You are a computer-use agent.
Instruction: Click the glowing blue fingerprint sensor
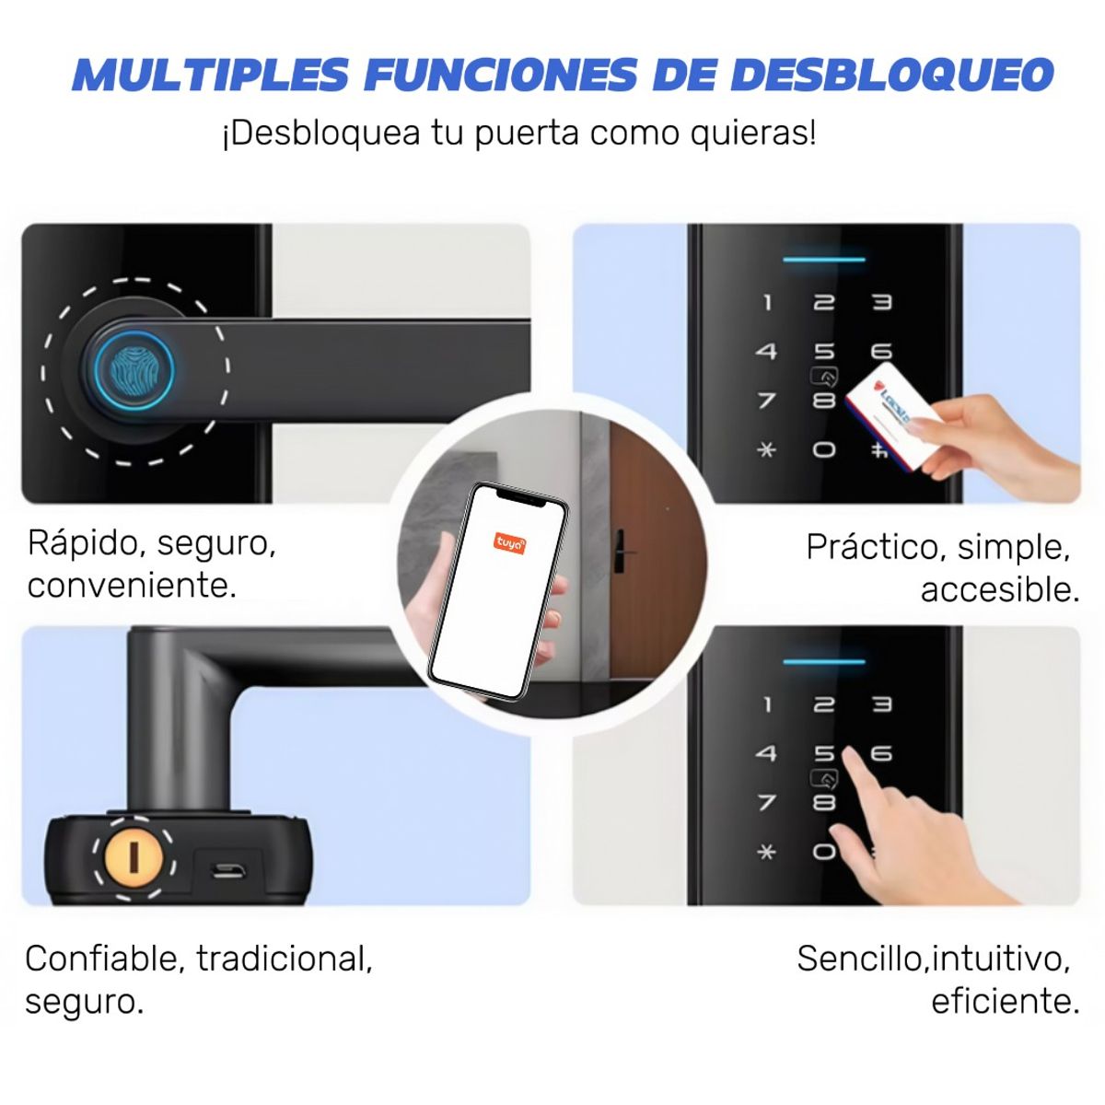click(x=134, y=370)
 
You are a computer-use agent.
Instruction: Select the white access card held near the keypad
click(x=891, y=416)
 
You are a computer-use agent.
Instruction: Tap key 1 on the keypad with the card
click(x=767, y=302)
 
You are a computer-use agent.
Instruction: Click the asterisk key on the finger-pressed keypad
click(x=767, y=852)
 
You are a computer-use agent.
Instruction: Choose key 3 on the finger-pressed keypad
click(x=881, y=704)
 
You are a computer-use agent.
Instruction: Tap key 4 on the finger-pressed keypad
click(x=767, y=753)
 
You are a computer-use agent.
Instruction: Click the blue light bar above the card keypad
click(x=824, y=260)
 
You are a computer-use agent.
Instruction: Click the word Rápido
click(x=84, y=543)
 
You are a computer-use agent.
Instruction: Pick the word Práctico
click(x=871, y=547)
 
